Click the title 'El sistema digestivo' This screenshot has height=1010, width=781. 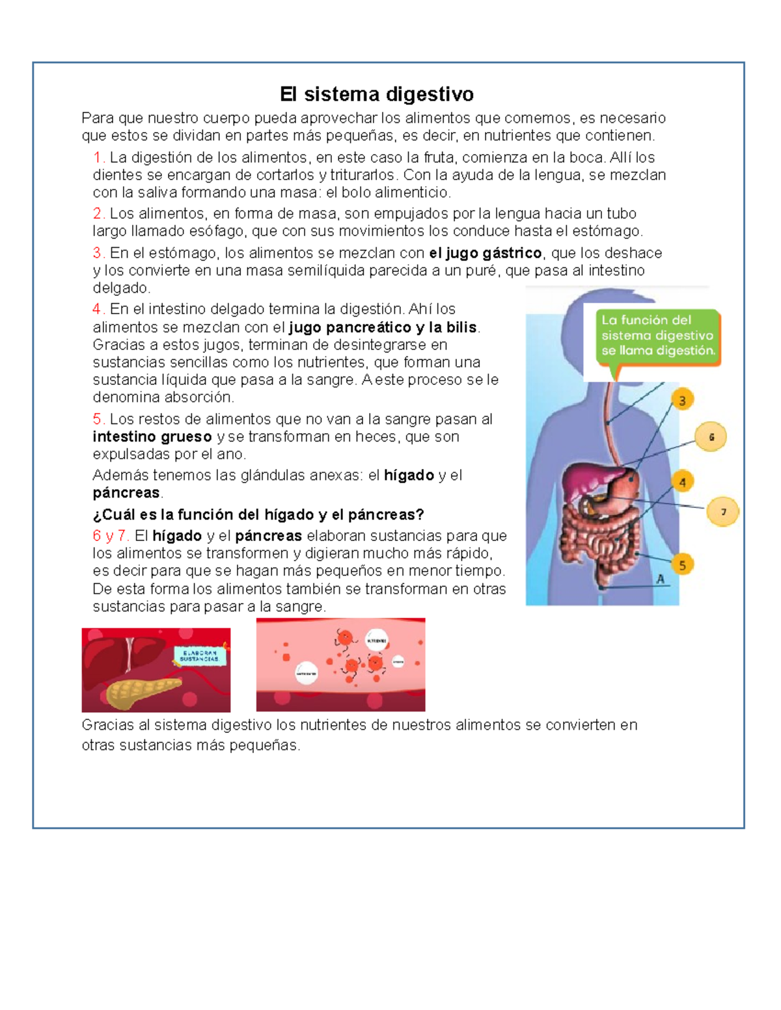376,94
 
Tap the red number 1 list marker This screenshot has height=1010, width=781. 98,157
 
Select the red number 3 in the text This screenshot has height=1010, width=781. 98,253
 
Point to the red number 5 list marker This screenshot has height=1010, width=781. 98,419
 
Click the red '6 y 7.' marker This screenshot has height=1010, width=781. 111,536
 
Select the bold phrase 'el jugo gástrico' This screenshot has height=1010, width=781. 485,253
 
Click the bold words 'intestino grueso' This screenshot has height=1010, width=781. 152,436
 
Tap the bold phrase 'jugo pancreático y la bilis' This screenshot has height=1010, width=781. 383,327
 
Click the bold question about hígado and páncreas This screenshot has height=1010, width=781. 258,514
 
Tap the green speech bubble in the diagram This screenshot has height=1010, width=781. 657,336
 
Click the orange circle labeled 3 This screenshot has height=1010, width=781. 682,401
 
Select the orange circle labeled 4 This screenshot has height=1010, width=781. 682,482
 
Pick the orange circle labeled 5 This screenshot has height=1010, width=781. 682,565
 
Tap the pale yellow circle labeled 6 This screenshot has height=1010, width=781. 711,437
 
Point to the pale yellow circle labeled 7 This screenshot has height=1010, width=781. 722,512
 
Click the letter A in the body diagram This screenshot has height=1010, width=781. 661,579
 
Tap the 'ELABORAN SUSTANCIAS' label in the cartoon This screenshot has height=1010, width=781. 200,656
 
